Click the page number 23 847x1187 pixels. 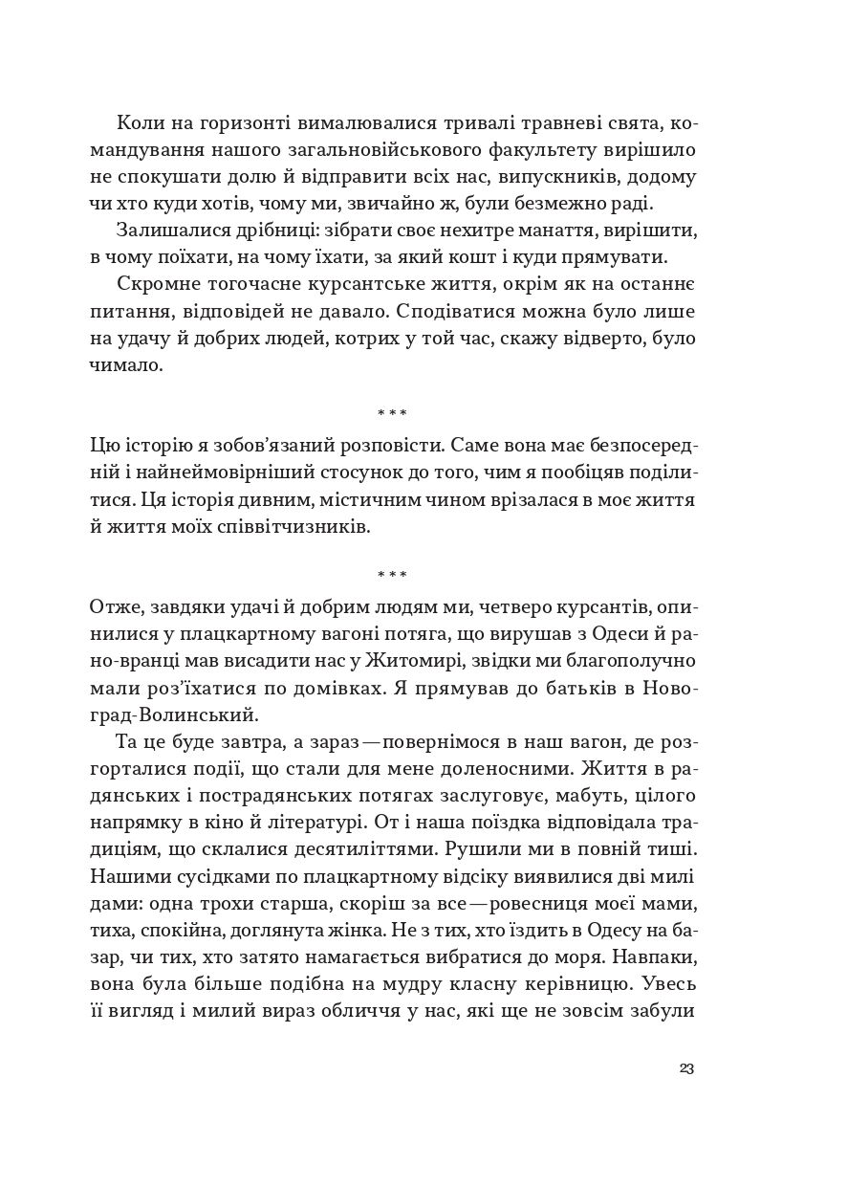[684, 1068]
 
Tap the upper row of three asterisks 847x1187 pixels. [392, 413]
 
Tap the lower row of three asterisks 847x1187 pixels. [392, 575]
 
